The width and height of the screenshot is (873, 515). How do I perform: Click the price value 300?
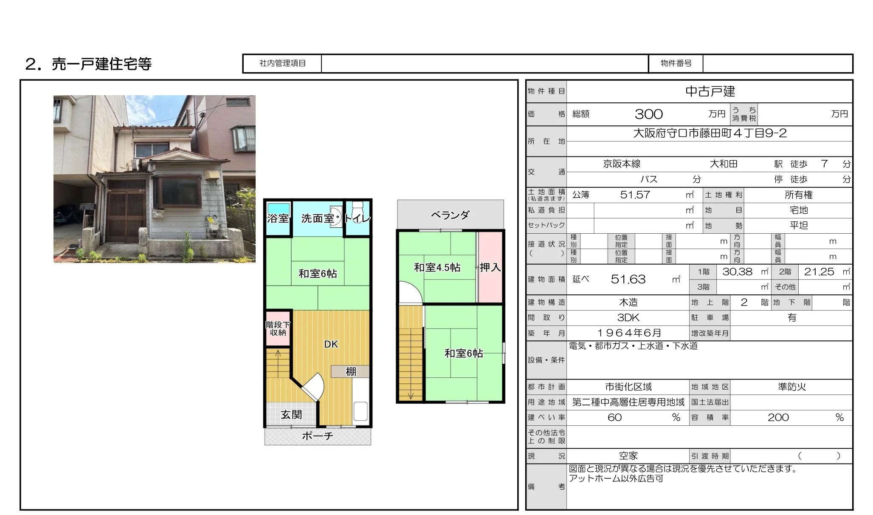coord(648,114)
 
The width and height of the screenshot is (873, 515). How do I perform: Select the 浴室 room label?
coord(278,218)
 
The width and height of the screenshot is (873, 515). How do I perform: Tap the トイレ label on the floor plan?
coord(358,218)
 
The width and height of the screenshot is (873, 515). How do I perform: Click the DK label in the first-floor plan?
coord(331,344)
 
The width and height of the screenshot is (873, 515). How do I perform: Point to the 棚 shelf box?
coord(350,372)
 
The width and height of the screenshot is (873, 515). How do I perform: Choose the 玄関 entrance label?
coord(291,415)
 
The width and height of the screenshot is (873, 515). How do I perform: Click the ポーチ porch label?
coord(318,436)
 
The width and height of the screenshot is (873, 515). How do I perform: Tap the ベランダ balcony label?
coord(450,215)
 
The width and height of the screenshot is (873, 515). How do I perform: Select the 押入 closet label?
coord(490,267)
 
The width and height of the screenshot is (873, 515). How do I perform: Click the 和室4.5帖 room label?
coord(437,267)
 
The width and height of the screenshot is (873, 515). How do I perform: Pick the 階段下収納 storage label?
coord(278,328)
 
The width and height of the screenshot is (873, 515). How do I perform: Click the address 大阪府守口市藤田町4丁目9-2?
coord(710,133)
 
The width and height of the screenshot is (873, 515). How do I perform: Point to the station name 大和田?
coord(724,164)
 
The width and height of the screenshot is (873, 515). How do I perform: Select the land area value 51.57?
coord(635,195)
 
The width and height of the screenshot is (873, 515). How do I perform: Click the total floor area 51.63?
coord(628,279)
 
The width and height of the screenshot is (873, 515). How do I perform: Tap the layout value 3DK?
coord(628,318)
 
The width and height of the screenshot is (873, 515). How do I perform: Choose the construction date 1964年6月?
coord(629,333)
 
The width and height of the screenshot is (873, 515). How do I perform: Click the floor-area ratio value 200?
coord(778,417)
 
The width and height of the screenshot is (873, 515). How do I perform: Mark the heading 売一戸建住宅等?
coord(101,64)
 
